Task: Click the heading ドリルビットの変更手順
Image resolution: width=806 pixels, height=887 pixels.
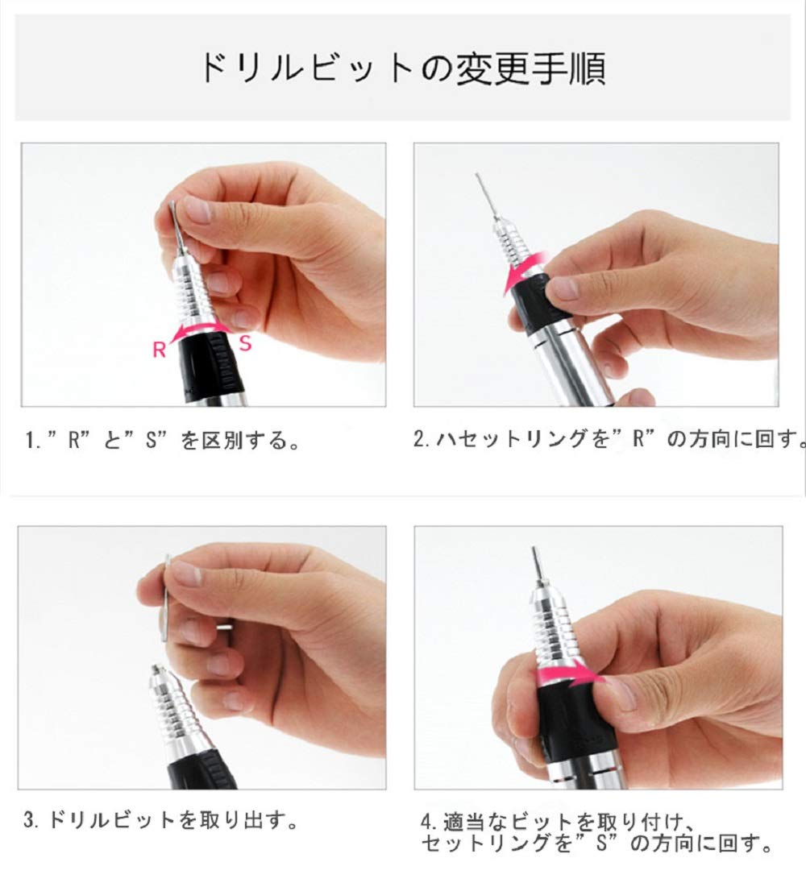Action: point(403,68)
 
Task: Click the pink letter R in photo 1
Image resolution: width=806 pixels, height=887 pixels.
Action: point(159,350)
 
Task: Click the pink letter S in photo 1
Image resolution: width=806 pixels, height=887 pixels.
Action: point(245,343)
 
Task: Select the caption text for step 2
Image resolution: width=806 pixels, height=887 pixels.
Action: point(609,438)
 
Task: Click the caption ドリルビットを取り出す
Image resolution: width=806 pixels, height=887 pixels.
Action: point(160,819)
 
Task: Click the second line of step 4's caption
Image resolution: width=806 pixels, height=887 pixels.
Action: point(596,843)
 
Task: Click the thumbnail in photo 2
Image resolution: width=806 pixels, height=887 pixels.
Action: point(563,288)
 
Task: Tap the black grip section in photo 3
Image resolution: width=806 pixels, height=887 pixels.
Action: point(201,769)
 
